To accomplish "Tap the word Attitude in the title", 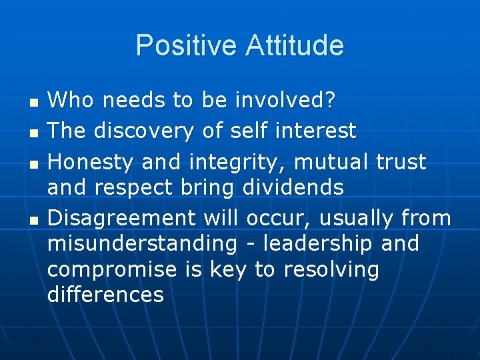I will (295, 46).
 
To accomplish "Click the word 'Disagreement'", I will (122, 219).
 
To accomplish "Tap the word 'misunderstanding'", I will (142, 244).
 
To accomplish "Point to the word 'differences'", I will (105, 295).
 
